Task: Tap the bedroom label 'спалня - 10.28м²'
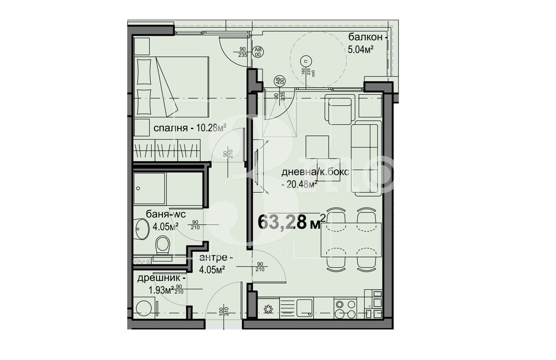(x=190, y=128)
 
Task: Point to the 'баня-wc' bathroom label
(x=166, y=214)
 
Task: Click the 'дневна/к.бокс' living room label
(x=315, y=172)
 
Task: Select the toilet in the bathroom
(x=163, y=245)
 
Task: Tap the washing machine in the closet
(x=145, y=308)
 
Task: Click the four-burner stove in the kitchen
(x=345, y=308)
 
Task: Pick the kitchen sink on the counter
(x=305, y=307)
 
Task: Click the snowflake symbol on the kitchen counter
(x=268, y=309)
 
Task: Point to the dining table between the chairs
(x=351, y=240)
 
